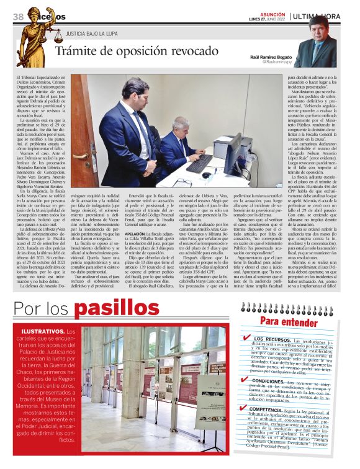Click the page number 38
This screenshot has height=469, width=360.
point(17,16)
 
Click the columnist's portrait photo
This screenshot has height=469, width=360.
point(323,43)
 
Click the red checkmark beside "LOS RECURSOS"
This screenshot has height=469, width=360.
point(247,338)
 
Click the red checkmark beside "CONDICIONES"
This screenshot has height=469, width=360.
point(246,379)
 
